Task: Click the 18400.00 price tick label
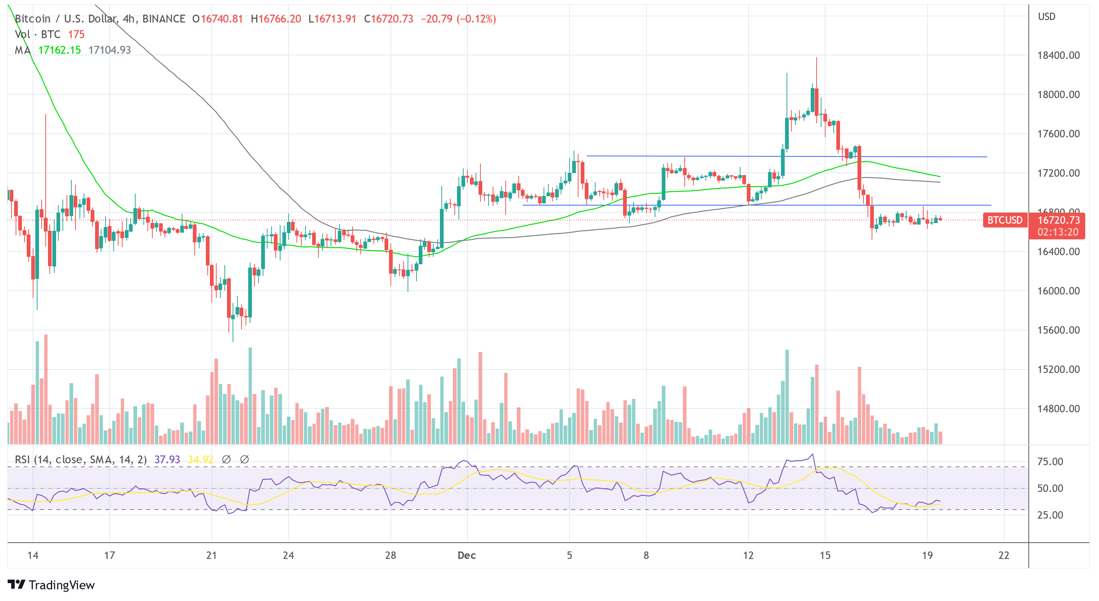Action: [x=1058, y=55]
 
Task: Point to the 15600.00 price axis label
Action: [x=1058, y=330]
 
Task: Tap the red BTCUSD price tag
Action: [x=1005, y=220]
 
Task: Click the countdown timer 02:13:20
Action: [x=1058, y=232]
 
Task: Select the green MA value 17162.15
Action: [x=59, y=50]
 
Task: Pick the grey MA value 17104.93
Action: [x=110, y=50]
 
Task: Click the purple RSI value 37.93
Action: [x=167, y=459]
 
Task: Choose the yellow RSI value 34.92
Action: [x=201, y=459]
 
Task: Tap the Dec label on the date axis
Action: [x=466, y=555]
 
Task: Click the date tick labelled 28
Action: [x=390, y=555]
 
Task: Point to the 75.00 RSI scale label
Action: [x=1050, y=461]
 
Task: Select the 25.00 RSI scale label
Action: [x=1050, y=515]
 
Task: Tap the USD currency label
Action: [x=1047, y=17]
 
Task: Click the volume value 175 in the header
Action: [x=77, y=35]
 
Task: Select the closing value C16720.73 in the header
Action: [x=388, y=19]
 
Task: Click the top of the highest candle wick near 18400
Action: [x=817, y=58]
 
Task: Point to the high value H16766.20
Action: [x=276, y=19]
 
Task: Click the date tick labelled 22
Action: [x=1004, y=555]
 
